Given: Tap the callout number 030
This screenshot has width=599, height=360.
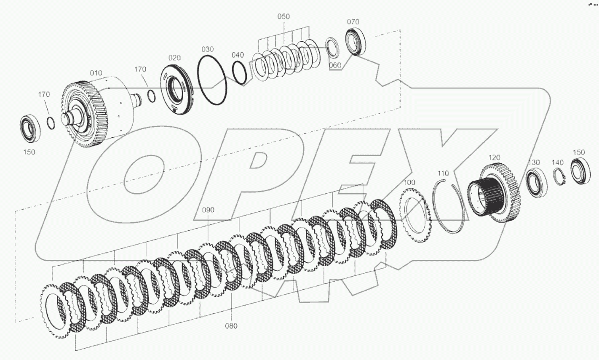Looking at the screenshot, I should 207,48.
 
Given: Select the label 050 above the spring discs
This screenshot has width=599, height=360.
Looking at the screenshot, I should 283,16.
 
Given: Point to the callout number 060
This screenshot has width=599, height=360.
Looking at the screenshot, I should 335,65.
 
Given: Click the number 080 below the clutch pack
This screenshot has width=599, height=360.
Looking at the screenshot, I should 231,325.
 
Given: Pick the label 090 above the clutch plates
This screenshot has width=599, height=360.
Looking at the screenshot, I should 208,210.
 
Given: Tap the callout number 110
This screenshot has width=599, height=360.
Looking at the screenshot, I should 443,173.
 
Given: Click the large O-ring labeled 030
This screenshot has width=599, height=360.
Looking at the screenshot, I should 212,79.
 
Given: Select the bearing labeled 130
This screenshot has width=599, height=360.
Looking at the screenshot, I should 536,183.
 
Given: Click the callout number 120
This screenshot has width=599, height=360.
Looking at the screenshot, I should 494,157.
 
